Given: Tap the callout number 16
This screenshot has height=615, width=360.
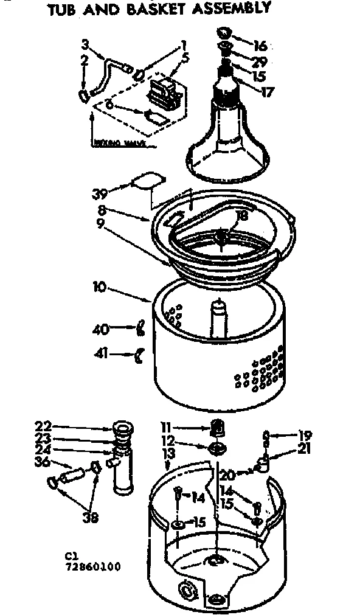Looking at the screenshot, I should pyautogui.click(x=260, y=46).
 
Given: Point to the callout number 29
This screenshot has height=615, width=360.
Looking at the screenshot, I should pyautogui.click(x=260, y=63).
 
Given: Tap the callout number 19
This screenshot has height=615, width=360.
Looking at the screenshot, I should pyautogui.click(x=305, y=435).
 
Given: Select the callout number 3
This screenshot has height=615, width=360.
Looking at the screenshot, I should pyautogui.click(x=85, y=44).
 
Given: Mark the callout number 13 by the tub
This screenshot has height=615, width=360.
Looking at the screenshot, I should pyautogui.click(x=168, y=454).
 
